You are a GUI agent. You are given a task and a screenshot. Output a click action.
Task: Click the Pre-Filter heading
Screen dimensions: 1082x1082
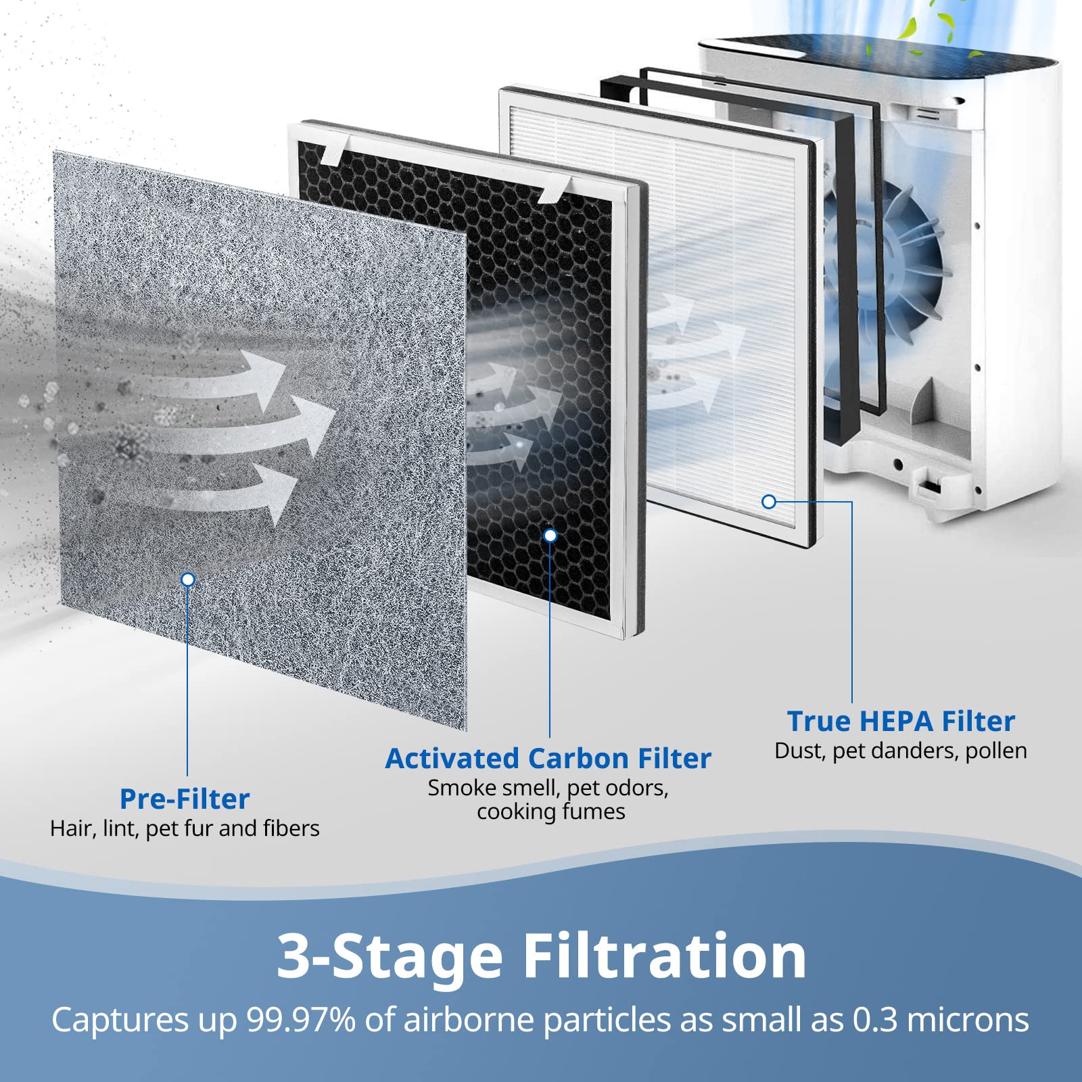click(x=185, y=799)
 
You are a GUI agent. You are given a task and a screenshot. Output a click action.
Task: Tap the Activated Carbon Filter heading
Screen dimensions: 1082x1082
click(x=548, y=758)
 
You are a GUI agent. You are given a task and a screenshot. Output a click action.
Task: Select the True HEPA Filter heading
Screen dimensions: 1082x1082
click(x=901, y=721)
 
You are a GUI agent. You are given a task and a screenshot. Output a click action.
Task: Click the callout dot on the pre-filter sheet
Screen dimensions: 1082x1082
click(x=188, y=580)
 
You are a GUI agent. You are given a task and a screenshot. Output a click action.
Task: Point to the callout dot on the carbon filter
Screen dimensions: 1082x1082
click(x=550, y=535)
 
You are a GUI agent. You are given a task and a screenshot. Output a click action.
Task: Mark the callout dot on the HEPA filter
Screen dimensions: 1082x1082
click(x=769, y=502)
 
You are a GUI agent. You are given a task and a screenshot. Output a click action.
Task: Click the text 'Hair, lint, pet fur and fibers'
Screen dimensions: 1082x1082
click(x=185, y=828)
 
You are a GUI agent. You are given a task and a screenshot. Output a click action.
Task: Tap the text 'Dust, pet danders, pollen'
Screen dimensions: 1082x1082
click(x=901, y=751)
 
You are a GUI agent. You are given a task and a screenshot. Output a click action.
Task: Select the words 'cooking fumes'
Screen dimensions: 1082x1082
click(x=550, y=811)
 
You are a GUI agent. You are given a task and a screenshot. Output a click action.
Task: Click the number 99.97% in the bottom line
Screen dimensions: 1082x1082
click(x=300, y=1020)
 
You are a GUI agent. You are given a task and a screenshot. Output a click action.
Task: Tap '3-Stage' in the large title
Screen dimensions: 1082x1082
click(x=390, y=955)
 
